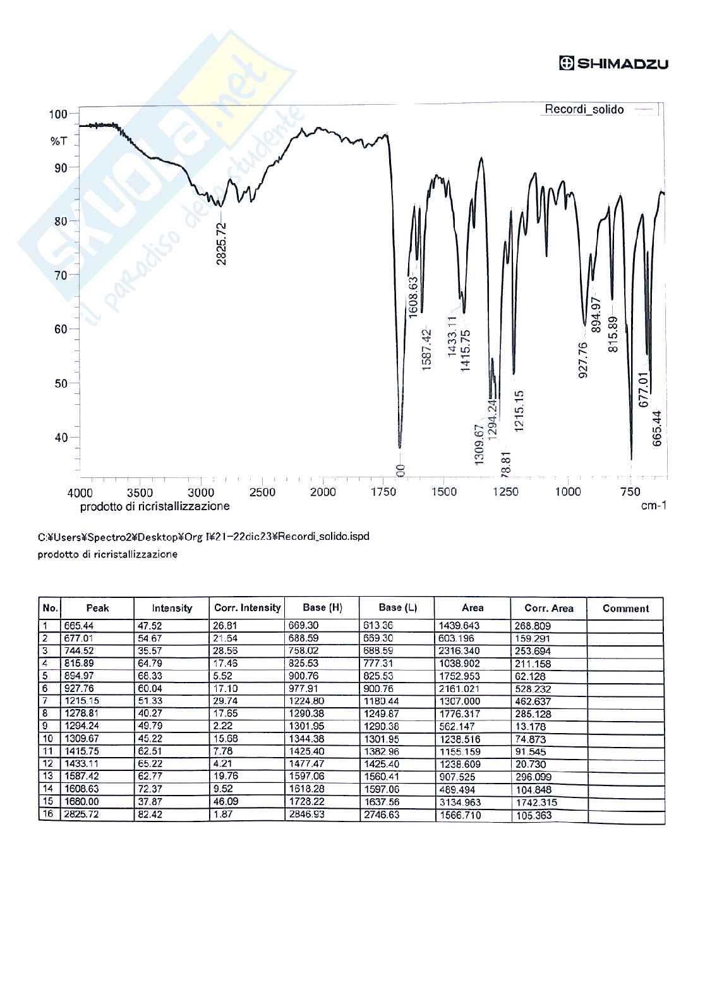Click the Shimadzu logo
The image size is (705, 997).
pyautogui.click(x=613, y=63)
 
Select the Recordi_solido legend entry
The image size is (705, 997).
pyautogui.click(x=584, y=110)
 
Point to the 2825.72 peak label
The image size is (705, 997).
pyautogui.click(x=221, y=243)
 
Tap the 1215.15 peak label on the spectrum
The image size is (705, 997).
pyautogui.click(x=519, y=411)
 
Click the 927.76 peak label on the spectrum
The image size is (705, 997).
pyautogui.click(x=583, y=360)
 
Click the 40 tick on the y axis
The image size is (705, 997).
pyautogui.click(x=61, y=438)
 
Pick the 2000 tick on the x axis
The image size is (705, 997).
pyautogui.click(x=323, y=493)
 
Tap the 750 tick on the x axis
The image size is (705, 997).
pyautogui.click(x=630, y=493)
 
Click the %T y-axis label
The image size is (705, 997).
pyautogui.click(x=58, y=141)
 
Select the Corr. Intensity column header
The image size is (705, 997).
pyautogui.click(x=247, y=608)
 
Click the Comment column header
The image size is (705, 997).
pyautogui.click(x=625, y=609)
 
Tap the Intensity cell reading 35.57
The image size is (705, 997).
pyautogui.click(x=150, y=650)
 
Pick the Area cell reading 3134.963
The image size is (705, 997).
pyautogui.click(x=461, y=803)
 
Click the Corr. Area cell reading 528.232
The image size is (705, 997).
pyautogui.click(x=533, y=689)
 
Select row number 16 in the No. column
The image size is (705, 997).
pyautogui.click(x=48, y=815)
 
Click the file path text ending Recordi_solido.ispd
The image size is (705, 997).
pyautogui.click(x=203, y=537)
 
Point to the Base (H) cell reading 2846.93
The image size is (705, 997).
pyautogui.click(x=308, y=815)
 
